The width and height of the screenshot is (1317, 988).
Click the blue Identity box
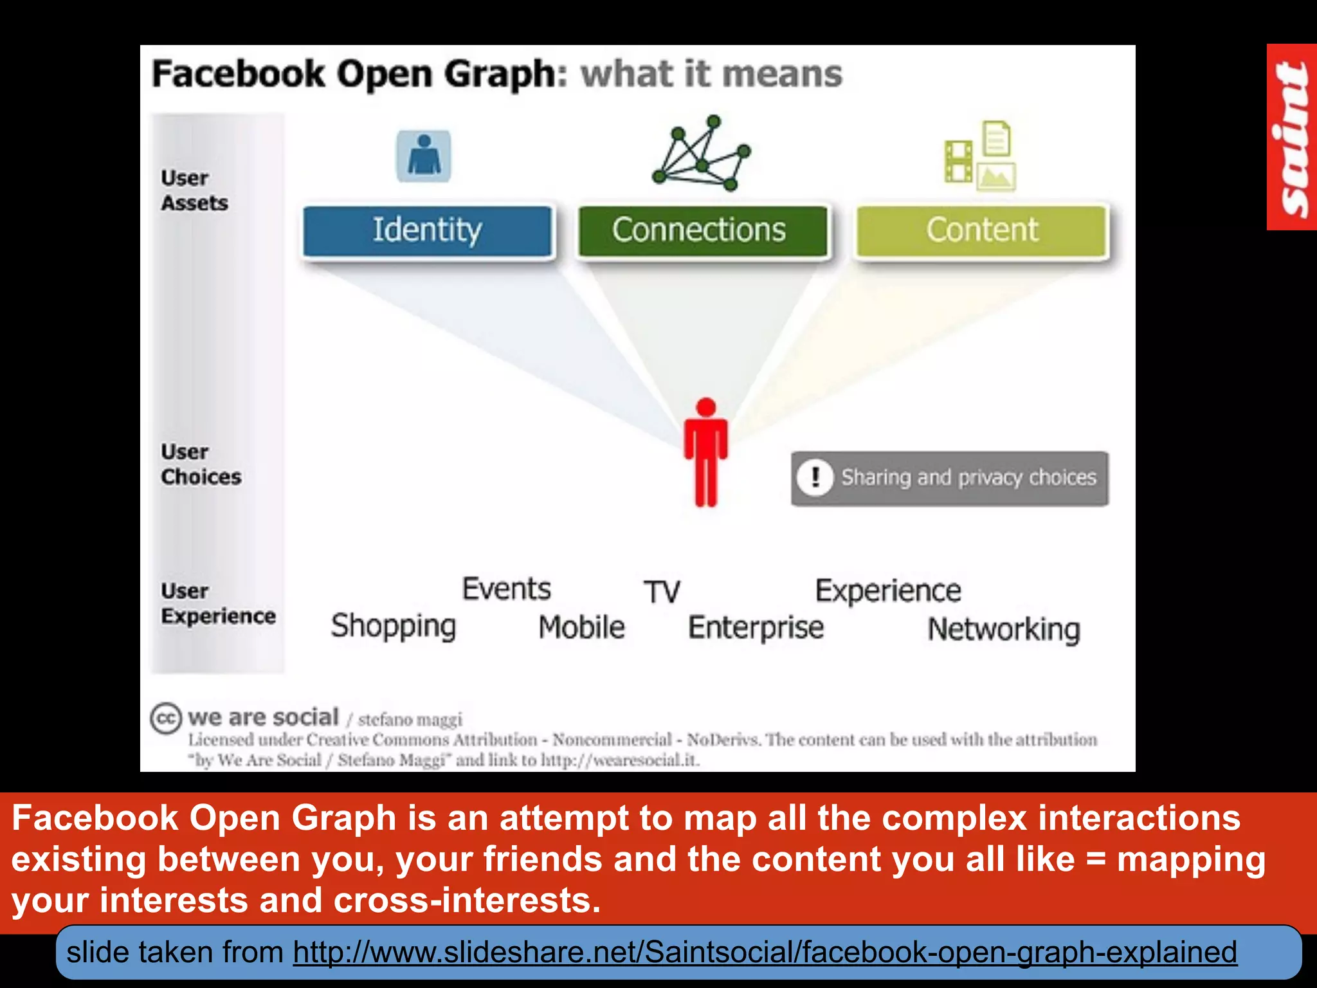click(427, 230)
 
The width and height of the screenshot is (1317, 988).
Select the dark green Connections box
click(702, 230)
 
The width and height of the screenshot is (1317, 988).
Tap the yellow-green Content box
click(982, 230)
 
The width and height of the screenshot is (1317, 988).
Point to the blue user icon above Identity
click(424, 156)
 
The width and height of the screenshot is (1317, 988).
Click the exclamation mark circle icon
click(815, 478)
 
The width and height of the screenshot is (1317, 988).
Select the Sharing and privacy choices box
click(950, 479)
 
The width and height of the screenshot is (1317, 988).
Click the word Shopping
click(394, 626)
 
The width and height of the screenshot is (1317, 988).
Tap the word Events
click(507, 589)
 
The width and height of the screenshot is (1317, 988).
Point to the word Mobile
click(581, 627)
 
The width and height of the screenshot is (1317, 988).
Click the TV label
click(662, 592)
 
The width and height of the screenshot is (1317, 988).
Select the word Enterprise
click(756, 628)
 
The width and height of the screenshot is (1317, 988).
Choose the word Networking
click(1004, 630)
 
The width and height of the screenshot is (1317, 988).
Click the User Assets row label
click(194, 190)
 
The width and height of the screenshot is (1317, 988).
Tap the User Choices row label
click(201, 464)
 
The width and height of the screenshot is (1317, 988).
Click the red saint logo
click(1291, 137)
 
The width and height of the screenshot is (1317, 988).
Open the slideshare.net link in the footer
click(765, 952)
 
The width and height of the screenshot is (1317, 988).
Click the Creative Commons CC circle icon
click(166, 718)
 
